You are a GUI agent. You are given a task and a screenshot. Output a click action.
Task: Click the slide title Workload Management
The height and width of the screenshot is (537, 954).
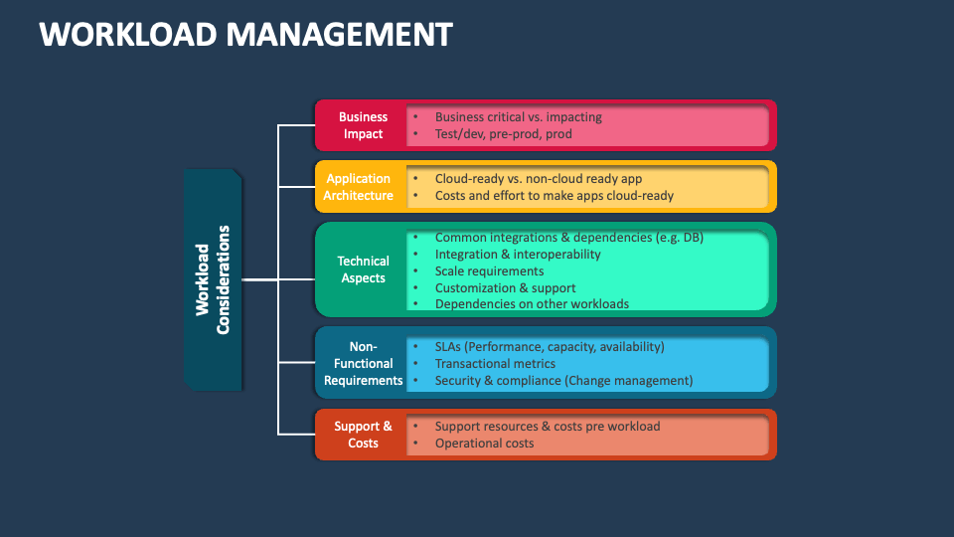245,35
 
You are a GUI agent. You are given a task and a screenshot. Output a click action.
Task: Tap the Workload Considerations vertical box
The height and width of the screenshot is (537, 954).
213,279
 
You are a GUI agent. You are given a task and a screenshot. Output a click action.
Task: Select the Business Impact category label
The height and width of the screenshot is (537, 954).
363,125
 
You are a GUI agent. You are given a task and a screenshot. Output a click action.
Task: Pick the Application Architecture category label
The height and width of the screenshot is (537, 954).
359,187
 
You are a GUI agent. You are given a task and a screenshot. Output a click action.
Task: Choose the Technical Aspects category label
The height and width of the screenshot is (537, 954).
363,269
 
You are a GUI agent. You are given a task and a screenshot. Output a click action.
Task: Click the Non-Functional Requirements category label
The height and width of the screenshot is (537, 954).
363,363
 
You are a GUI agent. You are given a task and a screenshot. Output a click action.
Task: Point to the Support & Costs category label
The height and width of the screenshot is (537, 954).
363,435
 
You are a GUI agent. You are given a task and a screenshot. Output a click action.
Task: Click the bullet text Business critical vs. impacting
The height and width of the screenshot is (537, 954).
518,116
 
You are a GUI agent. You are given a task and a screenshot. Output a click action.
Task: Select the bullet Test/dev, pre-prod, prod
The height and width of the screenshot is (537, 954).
504,133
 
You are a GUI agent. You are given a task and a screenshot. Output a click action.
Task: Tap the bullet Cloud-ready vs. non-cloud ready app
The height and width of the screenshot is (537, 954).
539,179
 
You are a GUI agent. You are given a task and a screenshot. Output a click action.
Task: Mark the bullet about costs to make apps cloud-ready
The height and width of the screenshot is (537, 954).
554,196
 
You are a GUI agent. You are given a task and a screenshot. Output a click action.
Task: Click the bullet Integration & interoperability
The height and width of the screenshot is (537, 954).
518,254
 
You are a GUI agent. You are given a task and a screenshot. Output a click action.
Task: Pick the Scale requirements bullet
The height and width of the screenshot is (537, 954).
489,270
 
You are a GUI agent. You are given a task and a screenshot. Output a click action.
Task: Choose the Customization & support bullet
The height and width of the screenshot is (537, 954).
505,287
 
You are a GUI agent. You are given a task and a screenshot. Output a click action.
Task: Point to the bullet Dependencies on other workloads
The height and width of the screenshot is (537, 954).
532,304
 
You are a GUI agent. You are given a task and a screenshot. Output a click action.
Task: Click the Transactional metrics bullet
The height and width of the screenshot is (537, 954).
495,364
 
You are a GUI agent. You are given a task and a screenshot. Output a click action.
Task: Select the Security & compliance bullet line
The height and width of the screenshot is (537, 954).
563,381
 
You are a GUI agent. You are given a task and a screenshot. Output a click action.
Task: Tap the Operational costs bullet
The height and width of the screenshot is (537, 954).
484,444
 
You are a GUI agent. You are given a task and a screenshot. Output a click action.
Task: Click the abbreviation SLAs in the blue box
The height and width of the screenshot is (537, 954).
447,347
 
